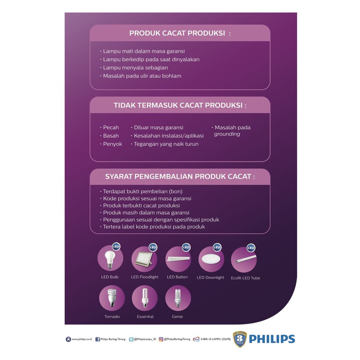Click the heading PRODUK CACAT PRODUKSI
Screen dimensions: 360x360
pyautogui.click(x=180, y=33)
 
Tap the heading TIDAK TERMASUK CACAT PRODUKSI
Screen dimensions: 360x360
pyautogui.click(x=180, y=105)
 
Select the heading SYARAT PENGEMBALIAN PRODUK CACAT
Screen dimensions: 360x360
pyautogui.click(x=180, y=176)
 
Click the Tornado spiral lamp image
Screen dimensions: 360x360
pyautogui.click(x=112, y=298)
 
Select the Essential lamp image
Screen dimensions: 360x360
pyautogui.click(x=144, y=298)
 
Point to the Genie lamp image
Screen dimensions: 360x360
pyautogui.click(x=178, y=298)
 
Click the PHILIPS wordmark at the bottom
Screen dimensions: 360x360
pyautogui.click(x=272, y=339)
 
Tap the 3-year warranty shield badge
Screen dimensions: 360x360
pyautogui.click(x=240, y=339)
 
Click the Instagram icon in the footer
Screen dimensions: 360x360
pyautogui.click(x=161, y=339)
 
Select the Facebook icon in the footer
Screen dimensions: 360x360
pyautogui.click(x=98, y=339)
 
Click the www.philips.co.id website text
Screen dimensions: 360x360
pyautogui.click(x=82, y=339)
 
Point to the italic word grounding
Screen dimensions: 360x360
pyautogui.click(x=227, y=134)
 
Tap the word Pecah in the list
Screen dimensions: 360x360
pyautogui.click(x=111, y=128)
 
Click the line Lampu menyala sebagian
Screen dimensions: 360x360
pyautogui.click(x=135, y=67)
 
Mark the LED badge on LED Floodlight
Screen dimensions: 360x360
pyautogui.click(x=153, y=247)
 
